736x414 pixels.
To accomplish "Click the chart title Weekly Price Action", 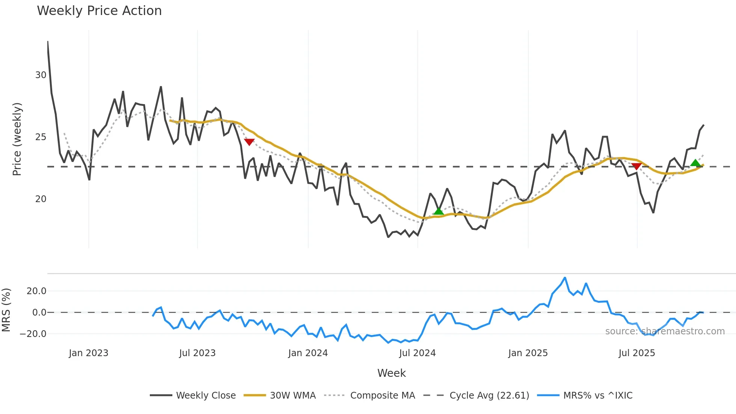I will (99, 11).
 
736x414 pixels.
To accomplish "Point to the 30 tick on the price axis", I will (41, 75).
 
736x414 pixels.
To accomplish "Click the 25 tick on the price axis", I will (41, 137).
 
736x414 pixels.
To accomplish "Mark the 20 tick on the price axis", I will (41, 199).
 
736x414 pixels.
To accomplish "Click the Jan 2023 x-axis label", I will (89, 353).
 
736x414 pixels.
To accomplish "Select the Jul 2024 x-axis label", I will (417, 353).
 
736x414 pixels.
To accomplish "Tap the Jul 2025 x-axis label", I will (636, 353).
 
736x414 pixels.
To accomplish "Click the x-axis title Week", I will (391, 373).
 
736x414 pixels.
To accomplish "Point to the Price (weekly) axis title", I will (17, 139).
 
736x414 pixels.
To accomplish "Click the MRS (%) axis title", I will (6, 310).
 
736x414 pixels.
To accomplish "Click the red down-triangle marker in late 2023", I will (249, 142).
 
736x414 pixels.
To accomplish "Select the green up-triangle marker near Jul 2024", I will (438, 211).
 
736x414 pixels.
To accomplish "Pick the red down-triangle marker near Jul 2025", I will (636, 166).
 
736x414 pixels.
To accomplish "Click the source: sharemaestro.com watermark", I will (665, 331).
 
